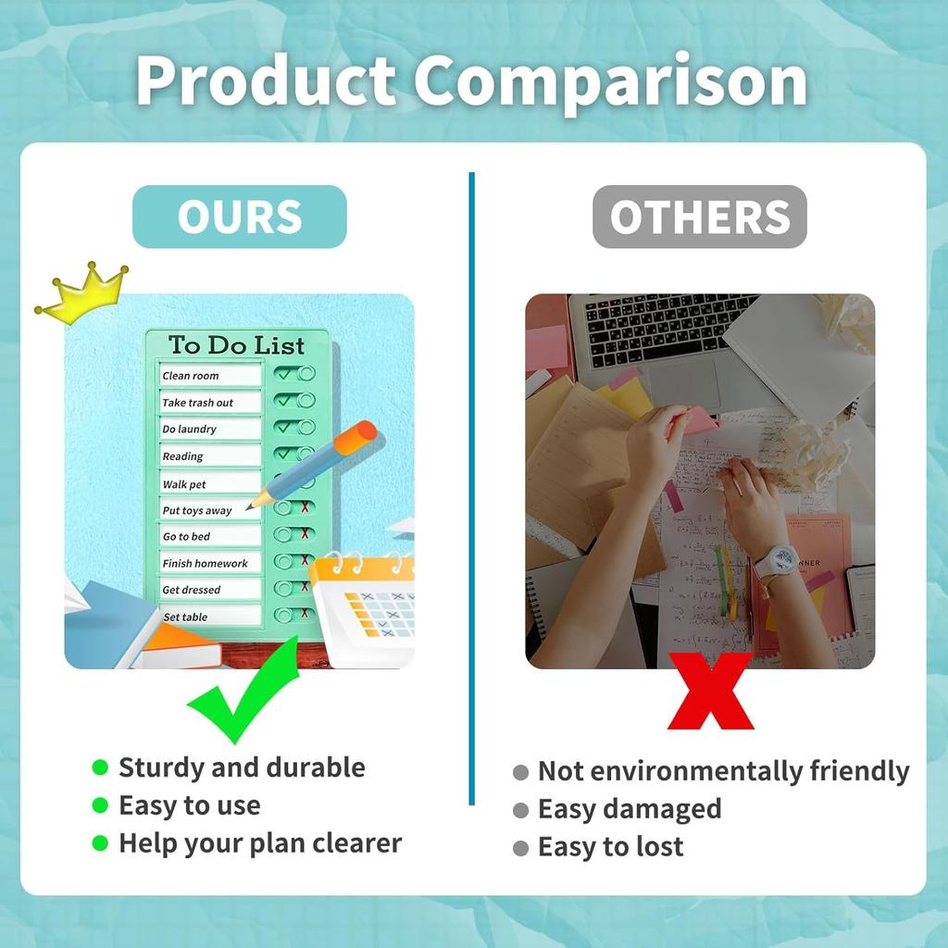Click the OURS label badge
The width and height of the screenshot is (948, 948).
(x=239, y=217)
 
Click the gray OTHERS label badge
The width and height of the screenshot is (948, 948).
(x=699, y=217)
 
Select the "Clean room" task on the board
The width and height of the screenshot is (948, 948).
(x=209, y=375)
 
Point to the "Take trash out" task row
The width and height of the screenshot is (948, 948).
(x=209, y=403)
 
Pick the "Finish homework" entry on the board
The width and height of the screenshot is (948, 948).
(x=209, y=563)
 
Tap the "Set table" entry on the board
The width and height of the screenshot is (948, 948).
(x=209, y=617)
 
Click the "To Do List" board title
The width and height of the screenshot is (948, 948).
(x=236, y=345)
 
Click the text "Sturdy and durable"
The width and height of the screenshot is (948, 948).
(x=242, y=767)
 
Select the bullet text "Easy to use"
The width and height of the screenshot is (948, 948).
(x=189, y=805)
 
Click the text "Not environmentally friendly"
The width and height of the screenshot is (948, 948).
(x=723, y=771)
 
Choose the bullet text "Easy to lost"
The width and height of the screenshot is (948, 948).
(x=610, y=846)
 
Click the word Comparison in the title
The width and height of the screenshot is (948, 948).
(x=610, y=81)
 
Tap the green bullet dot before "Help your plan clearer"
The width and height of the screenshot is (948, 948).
(x=100, y=843)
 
